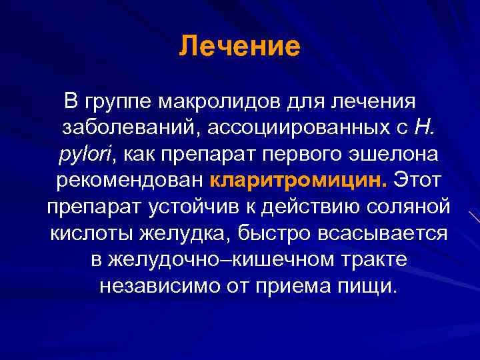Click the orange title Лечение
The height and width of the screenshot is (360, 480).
click(240, 47)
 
